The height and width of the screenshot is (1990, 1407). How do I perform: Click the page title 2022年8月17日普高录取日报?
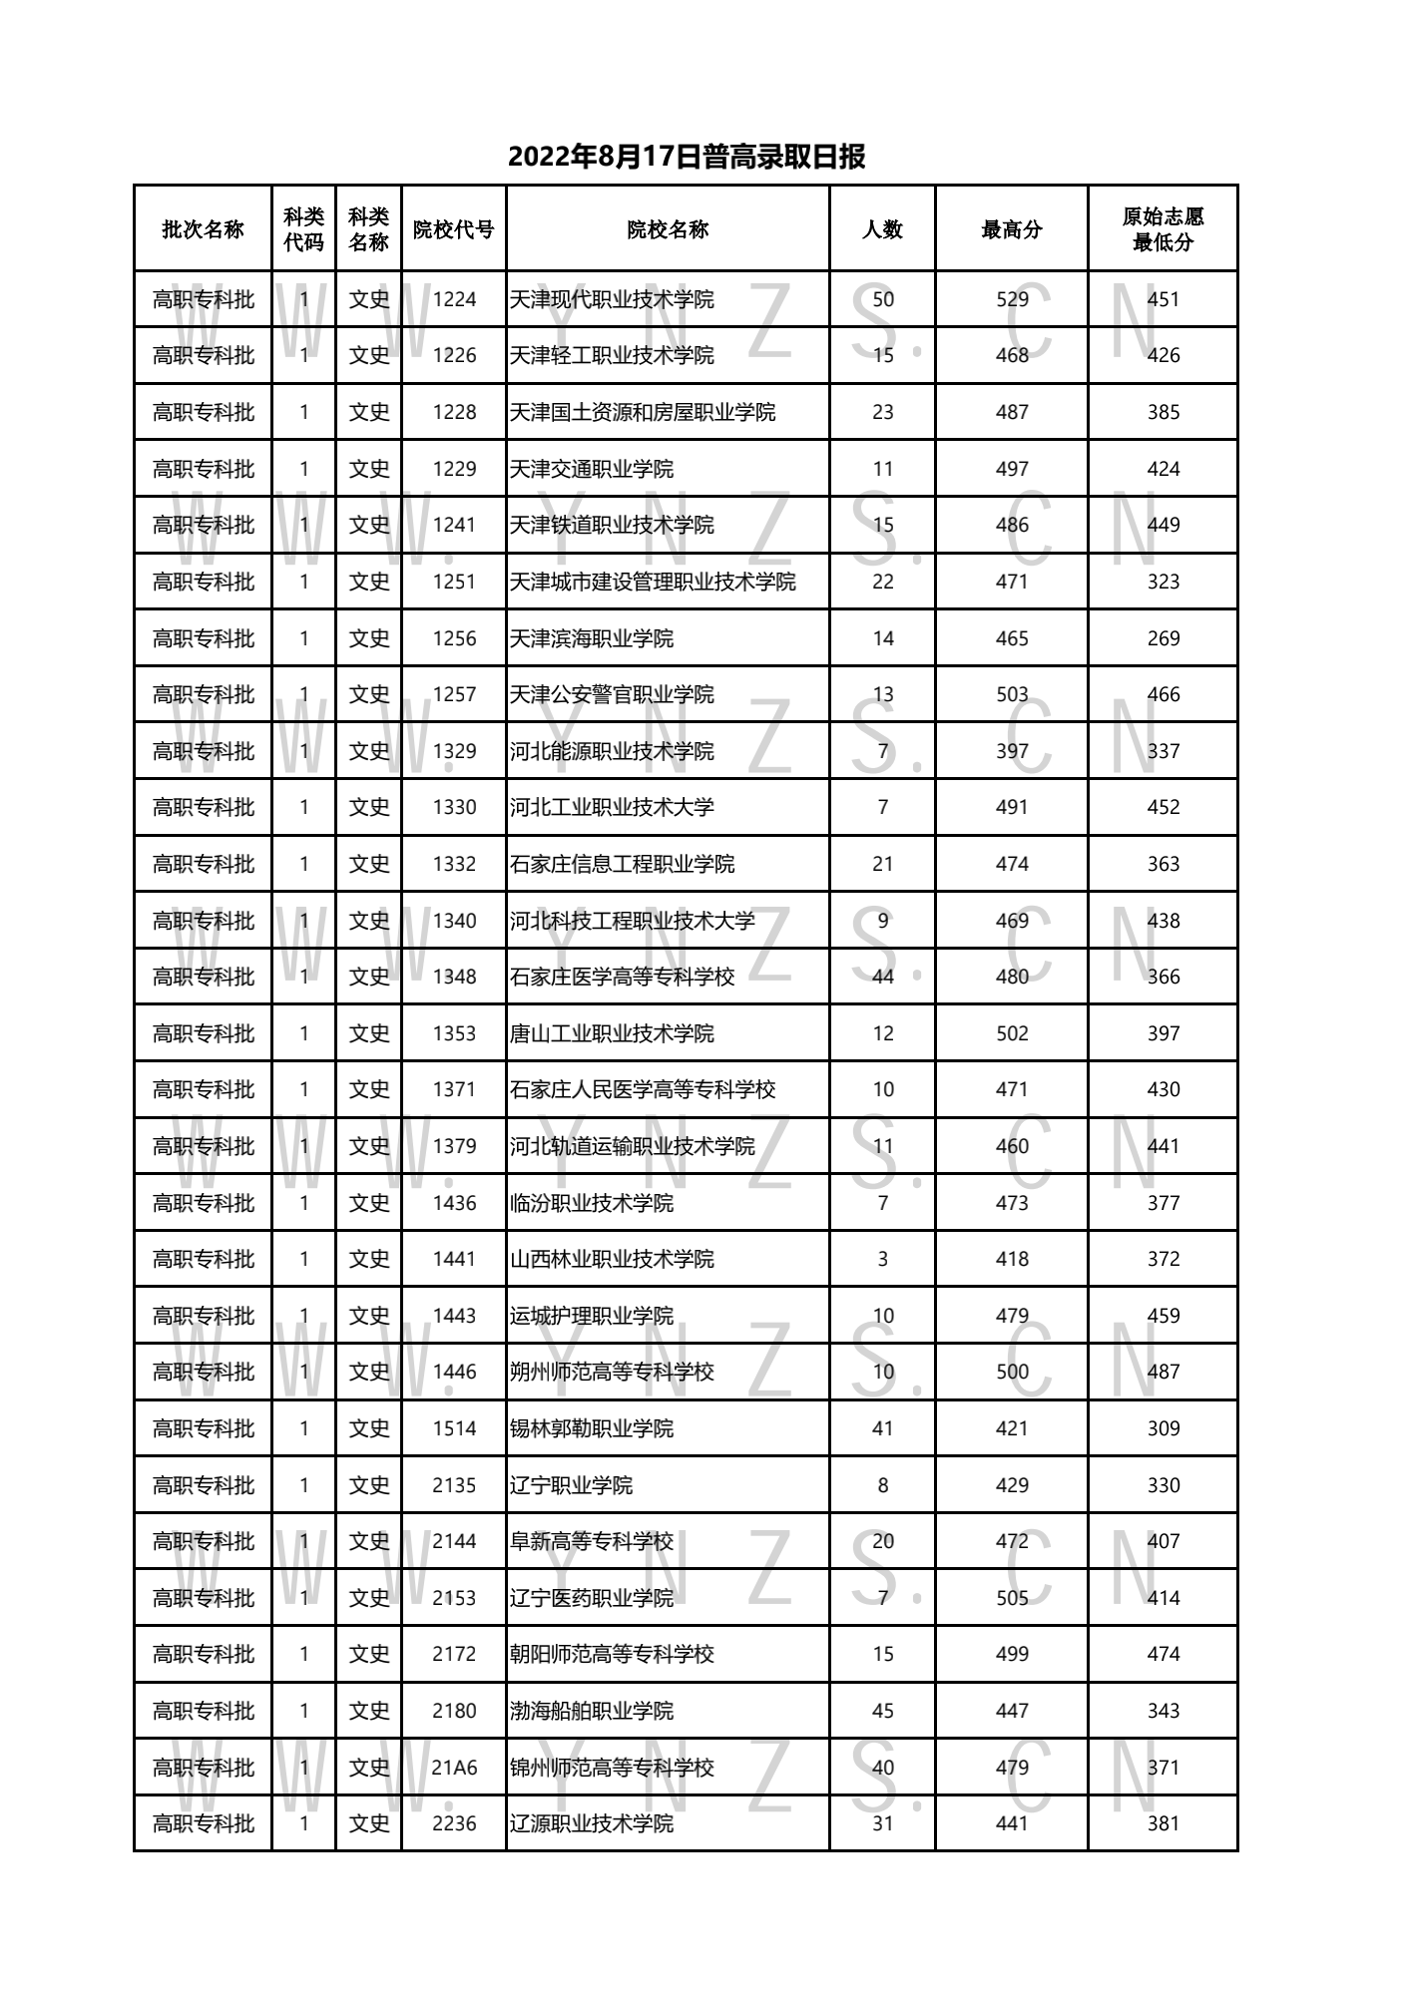(x=686, y=157)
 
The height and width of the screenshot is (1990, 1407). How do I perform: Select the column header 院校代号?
(x=454, y=229)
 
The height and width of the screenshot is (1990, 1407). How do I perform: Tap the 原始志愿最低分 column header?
(x=1163, y=229)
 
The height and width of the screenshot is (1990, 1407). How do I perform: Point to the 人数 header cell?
(x=882, y=229)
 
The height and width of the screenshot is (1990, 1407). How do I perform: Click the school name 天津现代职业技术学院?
(x=612, y=299)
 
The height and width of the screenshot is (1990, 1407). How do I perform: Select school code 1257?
(x=454, y=695)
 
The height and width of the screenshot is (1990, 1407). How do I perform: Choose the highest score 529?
(x=1012, y=299)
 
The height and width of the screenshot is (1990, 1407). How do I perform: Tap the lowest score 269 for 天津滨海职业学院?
(x=1164, y=638)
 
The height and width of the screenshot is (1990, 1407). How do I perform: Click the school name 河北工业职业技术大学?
(x=612, y=808)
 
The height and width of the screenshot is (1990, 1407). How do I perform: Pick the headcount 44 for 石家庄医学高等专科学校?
(x=883, y=977)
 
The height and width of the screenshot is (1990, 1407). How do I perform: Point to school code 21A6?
(x=454, y=1768)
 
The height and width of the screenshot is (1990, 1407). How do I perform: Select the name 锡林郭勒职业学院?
(x=592, y=1428)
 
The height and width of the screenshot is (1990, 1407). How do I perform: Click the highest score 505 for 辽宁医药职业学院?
(x=1012, y=1598)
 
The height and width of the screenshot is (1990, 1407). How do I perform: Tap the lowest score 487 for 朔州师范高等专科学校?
(x=1164, y=1373)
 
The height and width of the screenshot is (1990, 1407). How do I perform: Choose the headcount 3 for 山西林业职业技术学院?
(x=883, y=1259)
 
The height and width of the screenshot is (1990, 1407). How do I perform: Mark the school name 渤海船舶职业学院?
(x=592, y=1711)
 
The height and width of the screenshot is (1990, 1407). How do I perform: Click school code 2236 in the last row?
(x=454, y=1823)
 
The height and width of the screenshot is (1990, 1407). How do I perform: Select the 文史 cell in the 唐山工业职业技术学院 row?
(x=368, y=1033)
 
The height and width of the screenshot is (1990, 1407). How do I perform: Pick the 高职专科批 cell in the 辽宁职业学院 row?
(x=203, y=1485)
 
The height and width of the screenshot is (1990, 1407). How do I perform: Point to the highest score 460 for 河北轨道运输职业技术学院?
(x=1012, y=1146)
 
